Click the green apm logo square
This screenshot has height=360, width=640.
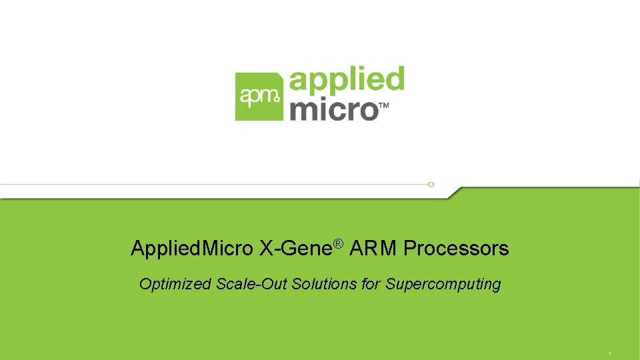pyautogui.click(x=259, y=97)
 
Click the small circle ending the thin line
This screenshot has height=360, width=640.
pyautogui.click(x=431, y=184)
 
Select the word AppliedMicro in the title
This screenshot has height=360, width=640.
pyautogui.click(x=192, y=249)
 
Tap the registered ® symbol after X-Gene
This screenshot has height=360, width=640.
pyautogui.click(x=337, y=245)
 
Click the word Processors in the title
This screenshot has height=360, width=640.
pyautogui.click(x=456, y=249)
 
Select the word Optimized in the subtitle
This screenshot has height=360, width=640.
pyautogui.click(x=175, y=285)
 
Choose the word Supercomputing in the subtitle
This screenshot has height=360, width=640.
pyautogui.click(x=443, y=285)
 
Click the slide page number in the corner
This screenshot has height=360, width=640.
pyautogui.click(x=610, y=353)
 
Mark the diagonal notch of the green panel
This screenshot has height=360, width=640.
pyautogui.click(x=453, y=193)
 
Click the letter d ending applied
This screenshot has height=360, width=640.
pyautogui.click(x=394, y=79)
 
